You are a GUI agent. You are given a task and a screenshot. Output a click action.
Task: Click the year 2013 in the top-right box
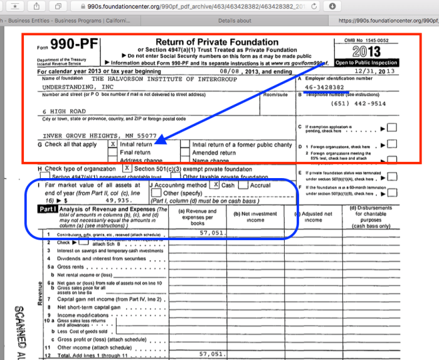(366, 51)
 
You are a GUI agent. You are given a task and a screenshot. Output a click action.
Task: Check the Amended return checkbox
(186, 152)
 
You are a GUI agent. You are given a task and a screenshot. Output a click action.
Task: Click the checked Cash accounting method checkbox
(215, 186)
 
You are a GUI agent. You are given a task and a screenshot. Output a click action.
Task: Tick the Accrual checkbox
(245, 186)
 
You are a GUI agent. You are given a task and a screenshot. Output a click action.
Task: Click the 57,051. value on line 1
(211, 233)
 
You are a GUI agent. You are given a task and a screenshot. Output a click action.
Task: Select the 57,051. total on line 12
(211, 354)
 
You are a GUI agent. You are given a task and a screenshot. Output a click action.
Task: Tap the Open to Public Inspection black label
(367, 63)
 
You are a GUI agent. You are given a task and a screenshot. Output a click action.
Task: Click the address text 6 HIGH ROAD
(64, 110)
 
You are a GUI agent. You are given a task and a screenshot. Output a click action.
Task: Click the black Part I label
(47, 209)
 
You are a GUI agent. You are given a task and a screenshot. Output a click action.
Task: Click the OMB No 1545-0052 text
(367, 40)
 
